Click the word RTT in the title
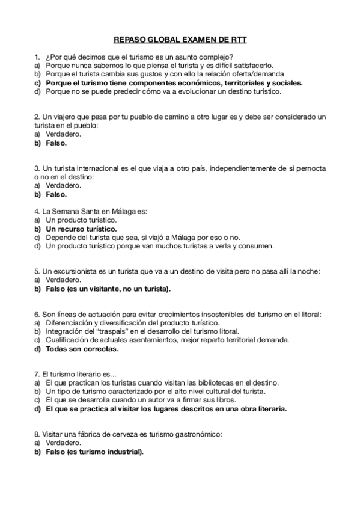pos(239,41)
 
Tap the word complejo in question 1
pos(216,57)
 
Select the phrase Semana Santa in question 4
pos(77,212)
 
